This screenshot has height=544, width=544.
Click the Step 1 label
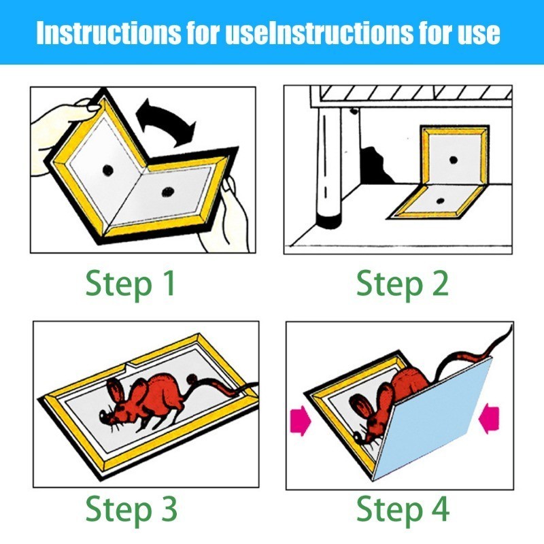[130, 284]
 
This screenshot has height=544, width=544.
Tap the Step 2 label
[403, 284]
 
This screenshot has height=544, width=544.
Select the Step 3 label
[131, 509]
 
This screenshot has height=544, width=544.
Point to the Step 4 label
[403, 509]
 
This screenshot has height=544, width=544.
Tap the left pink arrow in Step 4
[301, 420]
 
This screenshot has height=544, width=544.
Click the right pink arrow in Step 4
[488, 418]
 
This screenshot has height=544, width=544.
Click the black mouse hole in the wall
[377, 166]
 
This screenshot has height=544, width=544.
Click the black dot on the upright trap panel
[453, 160]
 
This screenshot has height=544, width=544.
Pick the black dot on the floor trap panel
[440, 201]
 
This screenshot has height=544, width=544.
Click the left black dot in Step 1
[108, 170]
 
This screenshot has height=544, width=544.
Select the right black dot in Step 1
[167, 191]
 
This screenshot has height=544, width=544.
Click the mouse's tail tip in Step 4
[511, 326]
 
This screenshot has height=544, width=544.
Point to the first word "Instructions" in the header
[108, 33]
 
